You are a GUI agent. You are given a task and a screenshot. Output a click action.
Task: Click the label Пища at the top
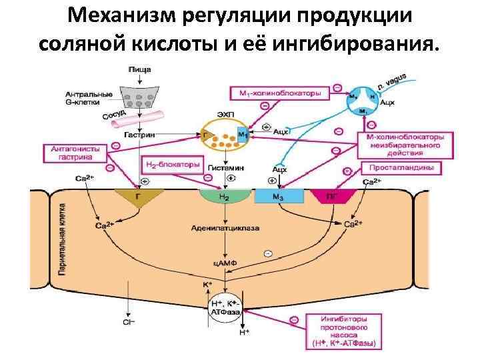tap(139, 69)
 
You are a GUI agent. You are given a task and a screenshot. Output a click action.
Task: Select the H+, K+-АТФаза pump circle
tap(227, 307)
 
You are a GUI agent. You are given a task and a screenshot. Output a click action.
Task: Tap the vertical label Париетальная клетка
tap(61, 241)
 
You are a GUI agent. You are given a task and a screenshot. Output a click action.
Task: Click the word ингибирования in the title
tap(359, 45)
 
